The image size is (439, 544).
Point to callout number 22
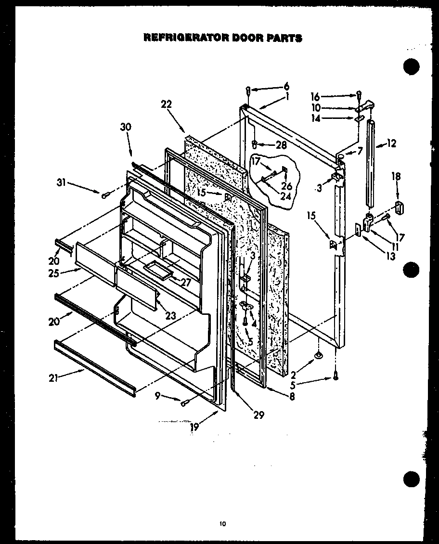tap(167, 104)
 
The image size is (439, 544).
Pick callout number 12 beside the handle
tap(391, 143)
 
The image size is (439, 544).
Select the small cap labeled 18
tap(399, 208)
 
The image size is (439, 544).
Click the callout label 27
tap(185, 283)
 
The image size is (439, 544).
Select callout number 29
tap(259, 414)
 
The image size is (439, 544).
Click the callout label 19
tap(194, 426)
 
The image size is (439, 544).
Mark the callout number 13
tap(390, 257)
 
